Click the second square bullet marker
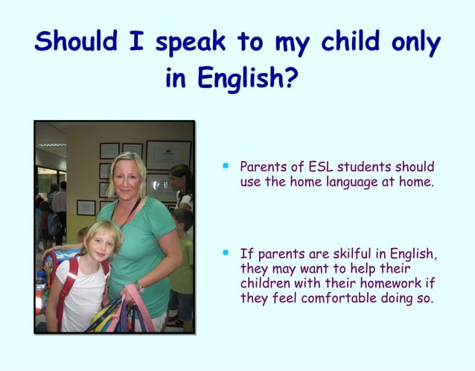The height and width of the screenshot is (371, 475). coord(224,253)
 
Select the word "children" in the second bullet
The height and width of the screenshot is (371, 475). coord(264,284)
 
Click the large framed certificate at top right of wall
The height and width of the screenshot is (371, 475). coord(168,155)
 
